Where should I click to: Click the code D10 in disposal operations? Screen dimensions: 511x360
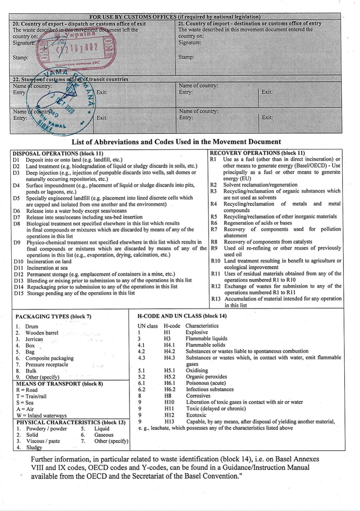point(18,262)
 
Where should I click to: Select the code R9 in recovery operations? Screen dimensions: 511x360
point(214,248)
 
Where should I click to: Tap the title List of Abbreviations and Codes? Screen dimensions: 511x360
point(176,142)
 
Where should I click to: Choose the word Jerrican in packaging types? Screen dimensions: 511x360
point(34,339)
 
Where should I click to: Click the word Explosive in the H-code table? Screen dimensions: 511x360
point(197,332)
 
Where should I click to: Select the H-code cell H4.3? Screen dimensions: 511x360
point(169,357)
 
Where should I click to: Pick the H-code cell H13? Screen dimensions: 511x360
point(169,421)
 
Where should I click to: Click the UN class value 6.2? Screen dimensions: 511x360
point(141,389)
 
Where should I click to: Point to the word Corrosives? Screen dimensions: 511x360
point(198,396)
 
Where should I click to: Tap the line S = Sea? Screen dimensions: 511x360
point(25,403)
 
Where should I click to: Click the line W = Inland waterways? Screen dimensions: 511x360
point(41,415)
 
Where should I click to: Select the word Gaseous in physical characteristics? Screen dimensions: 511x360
point(104,435)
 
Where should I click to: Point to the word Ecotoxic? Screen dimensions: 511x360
point(196,415)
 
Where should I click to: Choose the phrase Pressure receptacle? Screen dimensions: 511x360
point(47,364)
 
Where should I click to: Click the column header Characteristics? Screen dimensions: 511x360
point(202,326)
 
